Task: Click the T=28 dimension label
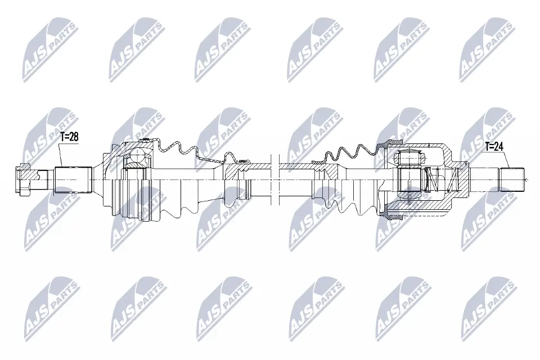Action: click(69, 136)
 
